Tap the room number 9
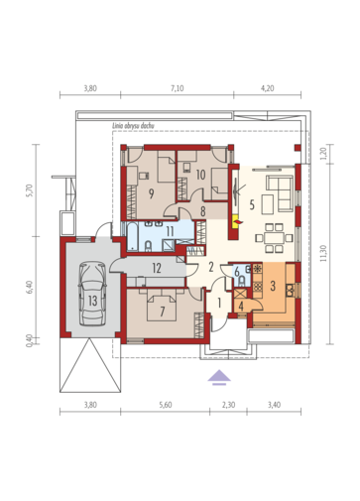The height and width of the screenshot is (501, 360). coord(151,193)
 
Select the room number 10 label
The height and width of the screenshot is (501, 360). coord(200,175)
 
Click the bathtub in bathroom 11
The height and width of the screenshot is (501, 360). coord(132,237)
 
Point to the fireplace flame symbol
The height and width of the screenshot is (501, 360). coord(237,220)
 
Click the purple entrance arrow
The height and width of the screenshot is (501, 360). coord(219,378)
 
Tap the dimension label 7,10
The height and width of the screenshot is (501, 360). coord(178,88)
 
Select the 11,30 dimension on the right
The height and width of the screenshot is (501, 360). coord(323,253)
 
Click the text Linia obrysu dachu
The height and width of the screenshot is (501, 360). coord(133,126)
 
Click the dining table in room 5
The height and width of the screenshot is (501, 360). coord(274,238)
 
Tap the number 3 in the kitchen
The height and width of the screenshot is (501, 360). coord(273,286)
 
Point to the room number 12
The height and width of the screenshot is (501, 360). coord(157,268)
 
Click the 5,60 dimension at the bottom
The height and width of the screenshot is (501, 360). coord(165,405)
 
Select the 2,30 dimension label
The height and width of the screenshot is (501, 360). coord(228,405)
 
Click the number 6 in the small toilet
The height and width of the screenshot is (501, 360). coord(237,272)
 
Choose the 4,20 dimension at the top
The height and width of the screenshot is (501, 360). coord(268,88)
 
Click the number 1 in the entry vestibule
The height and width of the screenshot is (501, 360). coord(219,303)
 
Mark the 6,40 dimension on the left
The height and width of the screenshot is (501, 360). coord(30,287)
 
